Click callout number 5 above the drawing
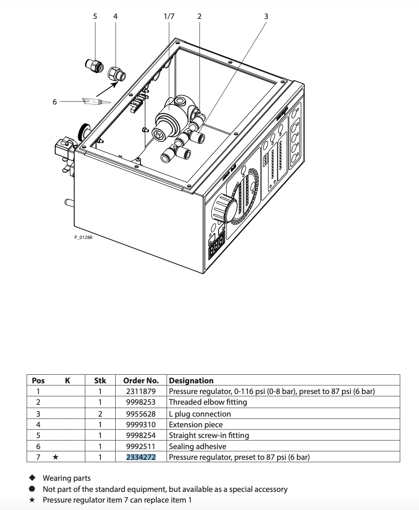95,16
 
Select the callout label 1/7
169,16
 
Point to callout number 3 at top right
266,16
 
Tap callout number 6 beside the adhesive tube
55,102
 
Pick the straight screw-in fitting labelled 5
94,65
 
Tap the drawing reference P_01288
84,238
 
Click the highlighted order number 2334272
141,457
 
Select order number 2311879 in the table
141,391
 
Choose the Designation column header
191,380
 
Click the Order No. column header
141,380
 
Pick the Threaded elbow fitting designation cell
208,402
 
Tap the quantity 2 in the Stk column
100,414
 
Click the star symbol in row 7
56,457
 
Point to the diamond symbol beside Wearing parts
33,478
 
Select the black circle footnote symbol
33,489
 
